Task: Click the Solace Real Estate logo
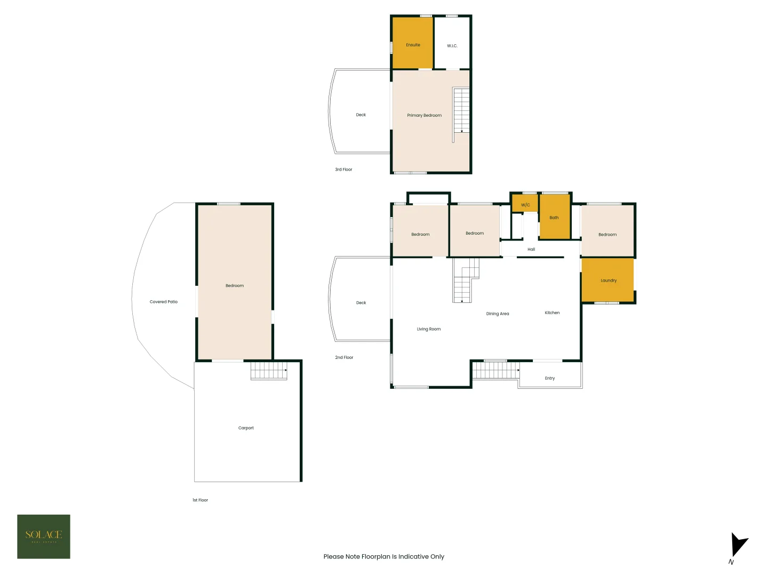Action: click(44, 537)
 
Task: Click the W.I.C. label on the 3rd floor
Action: click(452, 46)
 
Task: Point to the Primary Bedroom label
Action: click(424, 115)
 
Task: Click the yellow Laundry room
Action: click(607, 281)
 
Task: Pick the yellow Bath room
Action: click(555, 217)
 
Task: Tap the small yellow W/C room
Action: click(525, 204)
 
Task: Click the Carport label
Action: click(246, 428)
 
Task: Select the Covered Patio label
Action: click(164, 302)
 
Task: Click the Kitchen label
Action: click(552, 313)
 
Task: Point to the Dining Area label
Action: click(497, 314)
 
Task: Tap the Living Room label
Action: click(429, 329)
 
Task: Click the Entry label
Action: click(550, 378)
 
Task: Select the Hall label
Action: click(531, 249)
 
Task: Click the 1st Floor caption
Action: click(200, 500)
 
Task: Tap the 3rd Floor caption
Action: click(343, 170)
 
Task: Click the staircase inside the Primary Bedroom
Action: click(461, 111)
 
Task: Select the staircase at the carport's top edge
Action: click(269, 371)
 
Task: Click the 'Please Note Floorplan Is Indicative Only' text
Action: click(383, 556)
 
